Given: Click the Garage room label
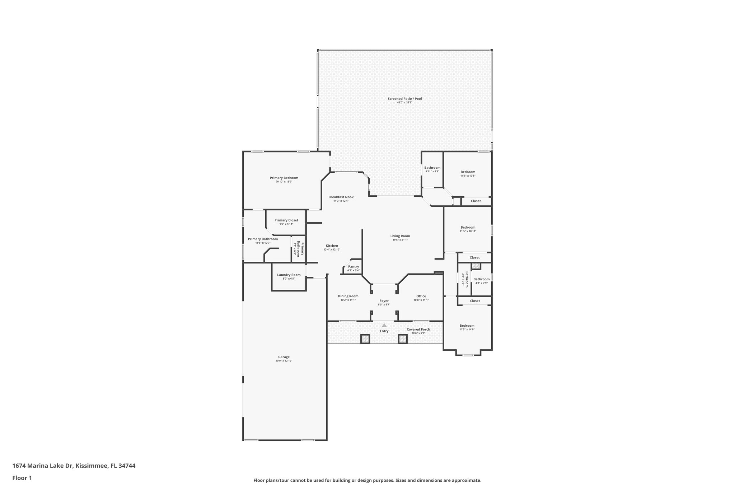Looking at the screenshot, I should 284,357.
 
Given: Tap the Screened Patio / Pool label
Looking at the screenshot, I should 404,99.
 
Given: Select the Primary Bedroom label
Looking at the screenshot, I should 284,178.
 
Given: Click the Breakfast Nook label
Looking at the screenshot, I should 341,197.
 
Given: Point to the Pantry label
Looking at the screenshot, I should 354,267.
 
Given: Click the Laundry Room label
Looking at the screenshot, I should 289,275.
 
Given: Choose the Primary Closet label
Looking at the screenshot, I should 286,220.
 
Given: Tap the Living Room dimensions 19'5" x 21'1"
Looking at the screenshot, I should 400,240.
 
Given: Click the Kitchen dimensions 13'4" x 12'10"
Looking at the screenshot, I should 332,249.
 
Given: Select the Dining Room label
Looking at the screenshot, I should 348,296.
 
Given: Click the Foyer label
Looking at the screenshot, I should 384,301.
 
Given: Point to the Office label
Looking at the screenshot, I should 421,296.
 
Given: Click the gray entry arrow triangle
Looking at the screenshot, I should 384,325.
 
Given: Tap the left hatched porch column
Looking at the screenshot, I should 365,339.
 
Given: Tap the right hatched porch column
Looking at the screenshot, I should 403,339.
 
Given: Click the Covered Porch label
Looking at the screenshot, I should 418,329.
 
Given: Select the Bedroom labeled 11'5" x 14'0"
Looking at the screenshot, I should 467,326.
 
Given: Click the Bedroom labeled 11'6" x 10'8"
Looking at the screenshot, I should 468,172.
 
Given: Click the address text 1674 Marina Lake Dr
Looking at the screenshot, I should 43,466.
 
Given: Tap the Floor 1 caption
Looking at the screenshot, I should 22,478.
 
